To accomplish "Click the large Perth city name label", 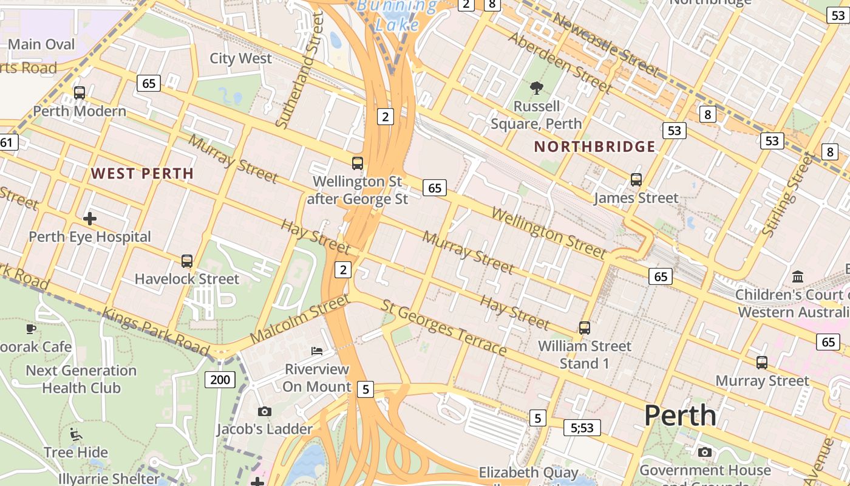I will pyautogui.click(x=680, y=416).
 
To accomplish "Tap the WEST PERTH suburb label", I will pyautogui.click(x=142, y=174).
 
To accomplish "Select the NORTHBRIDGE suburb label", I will pyautogui.click(x=594, y=146).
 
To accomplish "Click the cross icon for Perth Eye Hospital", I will pyautogui.click(x=90, y=218).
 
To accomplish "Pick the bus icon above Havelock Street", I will pyautogui.click(x=187, y=261).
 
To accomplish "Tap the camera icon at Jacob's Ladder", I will pyautogui.click(x=264, y=411).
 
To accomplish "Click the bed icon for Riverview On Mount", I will pyautogui.click(x=317, y=351).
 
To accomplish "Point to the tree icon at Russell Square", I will pyautogui.click(x=536, y=88).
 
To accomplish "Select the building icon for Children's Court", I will pyautogui.click(x=798, y=276).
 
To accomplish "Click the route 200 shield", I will pyautogui.click(x=220, y=380).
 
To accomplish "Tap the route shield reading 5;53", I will pyautogui.click(x=582, y=428).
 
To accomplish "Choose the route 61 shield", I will pyautogui.click(x=7, y=143).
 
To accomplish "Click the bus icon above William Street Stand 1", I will pyautogui.click(x=585, y=328).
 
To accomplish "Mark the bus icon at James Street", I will pyautogui.click(x=636, y=180).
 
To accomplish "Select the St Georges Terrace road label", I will pyautogui.click(x=443, y=327).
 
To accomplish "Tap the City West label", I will pyautogui.click(x=240, y=58).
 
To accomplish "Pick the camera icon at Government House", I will pyautogui.click(x=704, y=452).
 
